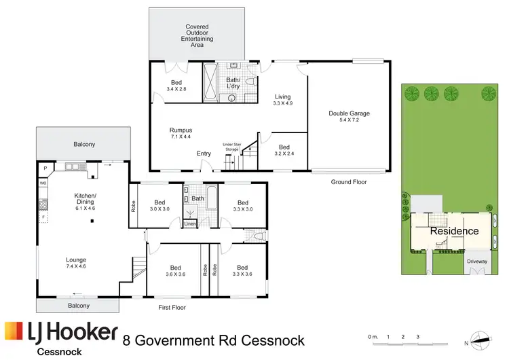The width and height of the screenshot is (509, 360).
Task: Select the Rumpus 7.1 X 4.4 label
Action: [x=181, y=134]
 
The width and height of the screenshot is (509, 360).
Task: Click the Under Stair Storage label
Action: [x=232, y=147]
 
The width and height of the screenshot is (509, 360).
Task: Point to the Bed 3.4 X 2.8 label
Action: [x=176, y=85]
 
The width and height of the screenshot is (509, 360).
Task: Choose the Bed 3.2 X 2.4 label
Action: [x=284, y=150]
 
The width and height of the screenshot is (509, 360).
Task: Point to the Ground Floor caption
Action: [x=348, y=182]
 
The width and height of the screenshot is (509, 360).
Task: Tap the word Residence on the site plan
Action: [x=455, y=231]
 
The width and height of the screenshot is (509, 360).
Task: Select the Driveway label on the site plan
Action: [x=477, y=261]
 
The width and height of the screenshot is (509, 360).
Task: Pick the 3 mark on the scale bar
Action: [x=418, y=336]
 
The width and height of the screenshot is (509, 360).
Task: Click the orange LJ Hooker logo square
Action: [x=14, y=331]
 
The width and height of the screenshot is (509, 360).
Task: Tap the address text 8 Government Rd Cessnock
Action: [x=214, y=339]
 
